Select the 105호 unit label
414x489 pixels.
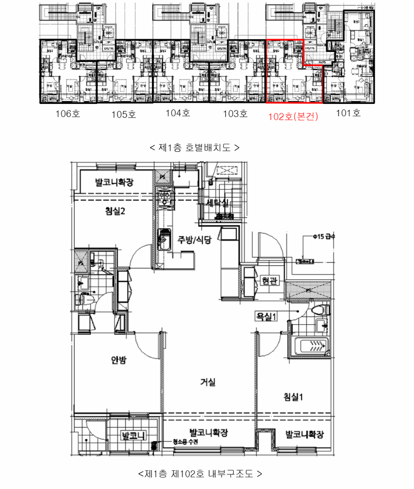pos(123,115)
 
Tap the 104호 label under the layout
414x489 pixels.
pos(178,113)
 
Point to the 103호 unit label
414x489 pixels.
pos(235,113)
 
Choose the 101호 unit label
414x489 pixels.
pos(349,113)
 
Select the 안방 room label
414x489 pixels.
pos(119,360)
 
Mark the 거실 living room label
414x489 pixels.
pos(208,383)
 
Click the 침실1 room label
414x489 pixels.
pos(296,397)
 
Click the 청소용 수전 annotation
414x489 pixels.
pos(185,443)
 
